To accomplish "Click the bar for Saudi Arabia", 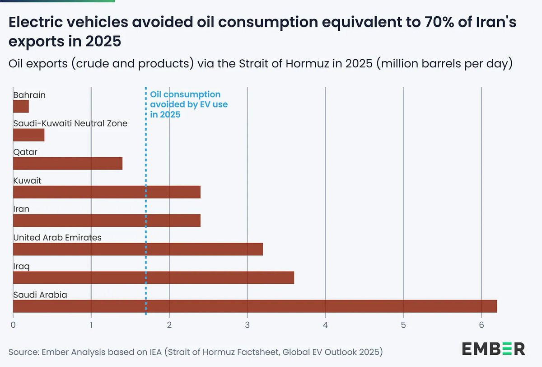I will [x=255, y=306].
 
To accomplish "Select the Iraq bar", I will [x=154, y=278].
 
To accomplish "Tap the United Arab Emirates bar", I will [x=138, y=249].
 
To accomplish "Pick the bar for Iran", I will [x=107, y=221].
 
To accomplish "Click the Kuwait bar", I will [x=107, y=192].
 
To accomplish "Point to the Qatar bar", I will [x=68, y=164].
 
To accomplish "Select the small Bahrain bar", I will [x=21, y=107].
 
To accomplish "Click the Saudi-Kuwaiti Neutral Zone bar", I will [x=29, y=135].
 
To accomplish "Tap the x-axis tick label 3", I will [x=248, y=325].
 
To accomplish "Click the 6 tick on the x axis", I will [x=481, y=325].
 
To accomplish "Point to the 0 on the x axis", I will [x=14, y=325].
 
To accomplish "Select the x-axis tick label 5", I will [x=403, y=325].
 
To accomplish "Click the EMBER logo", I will [x=493, y=348].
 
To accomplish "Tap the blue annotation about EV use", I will [x=189, y=104].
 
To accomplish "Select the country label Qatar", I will [x=25, y=152].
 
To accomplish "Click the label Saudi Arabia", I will [x=40, y=295].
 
